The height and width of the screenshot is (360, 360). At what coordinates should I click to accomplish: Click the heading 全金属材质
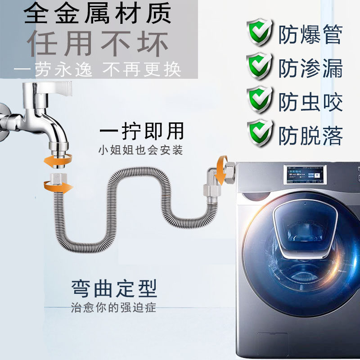click(x=97, y=13)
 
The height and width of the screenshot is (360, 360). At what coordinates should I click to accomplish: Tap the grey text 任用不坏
click(x=98, y=44)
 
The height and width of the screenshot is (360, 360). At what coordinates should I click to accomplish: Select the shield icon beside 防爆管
click(x=260, y=32)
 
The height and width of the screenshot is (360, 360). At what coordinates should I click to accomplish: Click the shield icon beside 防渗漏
click(x=260, y=66)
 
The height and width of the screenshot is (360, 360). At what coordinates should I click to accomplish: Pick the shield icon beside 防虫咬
click(x=260, y=99)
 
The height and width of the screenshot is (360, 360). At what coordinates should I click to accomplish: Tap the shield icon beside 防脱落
click(x=260, y=133)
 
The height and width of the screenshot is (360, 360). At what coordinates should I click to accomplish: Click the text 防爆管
click(x=310, y=34)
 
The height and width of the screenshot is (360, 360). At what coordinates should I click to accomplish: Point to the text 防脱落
click(x=310, y=136)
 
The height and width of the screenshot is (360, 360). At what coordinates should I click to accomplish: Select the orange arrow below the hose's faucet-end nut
click(x=58, y=186)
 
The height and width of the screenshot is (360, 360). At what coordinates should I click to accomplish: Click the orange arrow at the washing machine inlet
click(x=221, y=170)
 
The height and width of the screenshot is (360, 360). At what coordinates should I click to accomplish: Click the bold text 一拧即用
click(x=142, y=131)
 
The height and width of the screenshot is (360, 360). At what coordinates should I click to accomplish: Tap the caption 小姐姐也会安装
click(x=140, y=150)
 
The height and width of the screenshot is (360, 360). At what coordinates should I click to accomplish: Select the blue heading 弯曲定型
click(x=114, y=288)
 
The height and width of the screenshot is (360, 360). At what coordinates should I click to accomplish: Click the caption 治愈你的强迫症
click(x=113, y=307)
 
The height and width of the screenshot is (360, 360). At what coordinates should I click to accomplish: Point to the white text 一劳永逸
click(x=53, y=69)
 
